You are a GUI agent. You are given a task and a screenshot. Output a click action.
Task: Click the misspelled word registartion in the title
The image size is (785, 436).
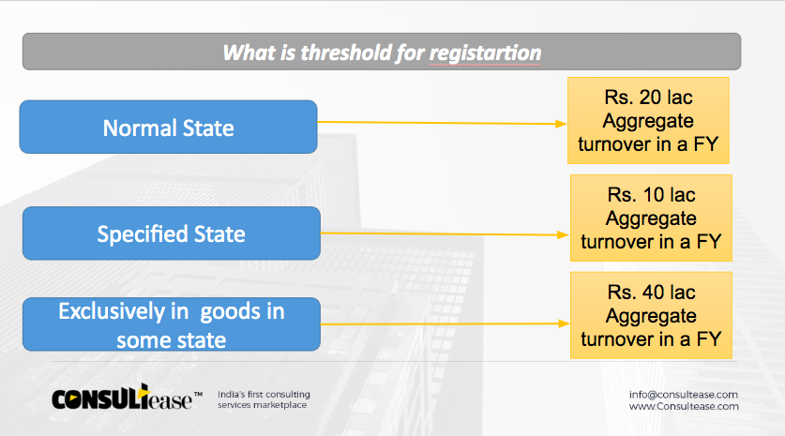(485, 53)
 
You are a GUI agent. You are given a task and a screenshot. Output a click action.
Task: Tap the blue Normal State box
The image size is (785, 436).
(168, 127)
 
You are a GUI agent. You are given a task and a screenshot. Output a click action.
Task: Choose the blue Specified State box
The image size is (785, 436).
(172, 233)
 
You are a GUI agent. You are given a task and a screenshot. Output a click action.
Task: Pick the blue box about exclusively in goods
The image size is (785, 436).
(172, 324)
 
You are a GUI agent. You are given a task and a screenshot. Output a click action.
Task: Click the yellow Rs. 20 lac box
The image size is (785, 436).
(648, 121)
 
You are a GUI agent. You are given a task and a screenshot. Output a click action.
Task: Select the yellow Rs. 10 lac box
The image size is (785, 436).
(651, 218)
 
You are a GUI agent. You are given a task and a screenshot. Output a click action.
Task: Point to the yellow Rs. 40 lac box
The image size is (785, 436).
(651, 315)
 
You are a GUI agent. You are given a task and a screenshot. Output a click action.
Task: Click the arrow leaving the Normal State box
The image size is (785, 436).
(442, 123)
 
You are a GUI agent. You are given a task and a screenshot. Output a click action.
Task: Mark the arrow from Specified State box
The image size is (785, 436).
(445, 233)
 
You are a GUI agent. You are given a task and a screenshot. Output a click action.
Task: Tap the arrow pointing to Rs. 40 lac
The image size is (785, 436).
(445, 323)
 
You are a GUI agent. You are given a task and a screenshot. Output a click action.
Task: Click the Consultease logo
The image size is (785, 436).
(127, 397)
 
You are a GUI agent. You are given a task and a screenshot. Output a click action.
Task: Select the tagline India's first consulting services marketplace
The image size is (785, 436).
(264, 399)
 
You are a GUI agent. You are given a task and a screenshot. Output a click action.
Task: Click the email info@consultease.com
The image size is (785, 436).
(684, 395)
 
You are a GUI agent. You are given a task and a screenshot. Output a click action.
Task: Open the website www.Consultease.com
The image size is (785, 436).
(684, 406)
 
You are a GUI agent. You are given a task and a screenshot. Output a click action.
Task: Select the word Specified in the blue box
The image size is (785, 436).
(143, 234)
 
